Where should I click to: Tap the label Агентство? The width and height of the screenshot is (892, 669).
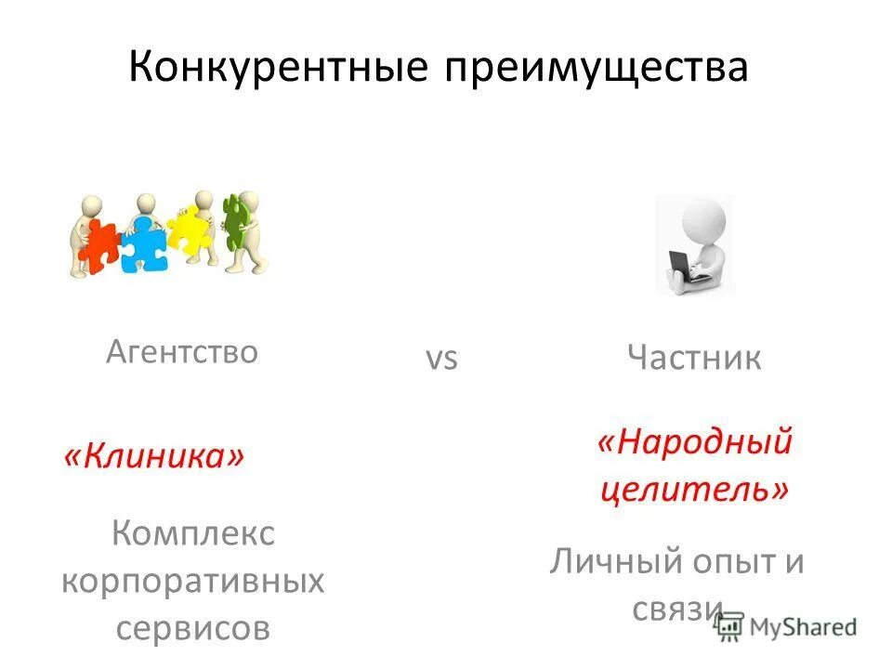point(181,351)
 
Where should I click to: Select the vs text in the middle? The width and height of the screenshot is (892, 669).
point(442,358)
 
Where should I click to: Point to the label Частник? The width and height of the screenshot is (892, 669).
point(694,358)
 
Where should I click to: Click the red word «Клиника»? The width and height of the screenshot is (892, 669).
point(154,456)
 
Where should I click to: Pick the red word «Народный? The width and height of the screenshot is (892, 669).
point(694,440)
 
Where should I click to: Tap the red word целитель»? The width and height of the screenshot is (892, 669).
point(694,489)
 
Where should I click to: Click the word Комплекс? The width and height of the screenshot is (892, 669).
point(193,534)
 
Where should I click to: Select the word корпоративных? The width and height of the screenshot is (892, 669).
point(193,583)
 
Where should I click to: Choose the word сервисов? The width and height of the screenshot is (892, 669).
point(193,629)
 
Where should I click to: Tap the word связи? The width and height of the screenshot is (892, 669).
point(677,609)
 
